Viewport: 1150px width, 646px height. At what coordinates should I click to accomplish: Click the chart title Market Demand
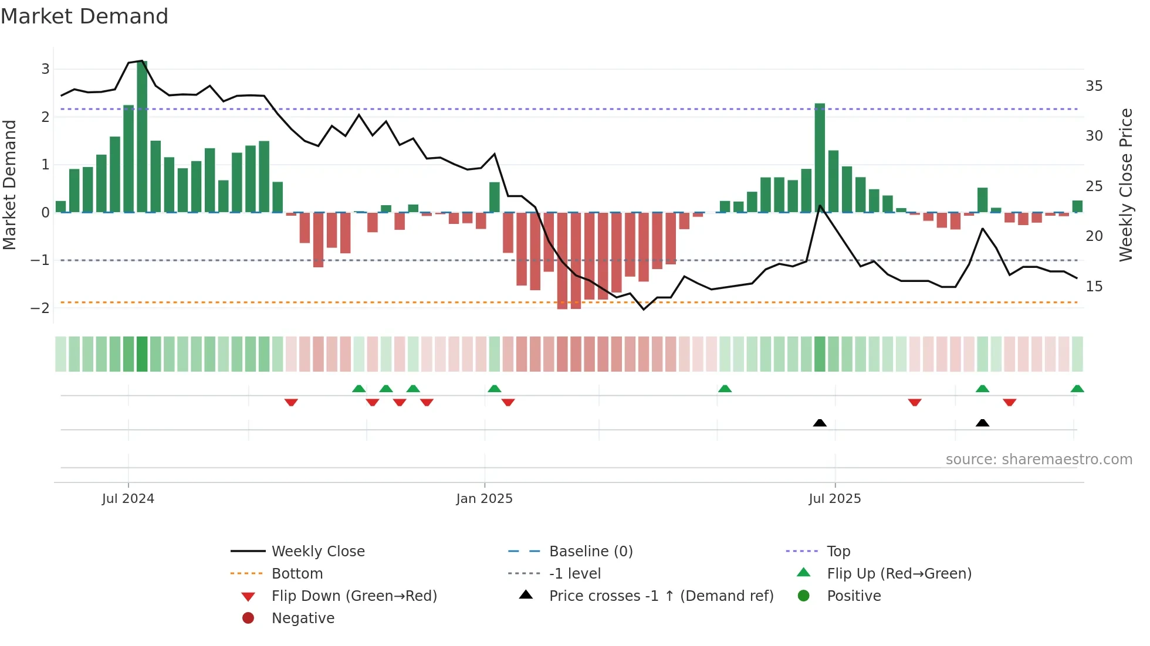click(x=84, y=16)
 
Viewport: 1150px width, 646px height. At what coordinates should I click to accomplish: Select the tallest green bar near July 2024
click(x=142, y=136)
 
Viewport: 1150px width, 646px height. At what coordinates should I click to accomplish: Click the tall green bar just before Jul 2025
click(x=820, y=158)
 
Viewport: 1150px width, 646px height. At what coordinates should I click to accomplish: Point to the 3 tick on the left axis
click(x=45, y=69)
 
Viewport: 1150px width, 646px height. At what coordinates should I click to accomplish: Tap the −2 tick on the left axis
click(x=41, y=308)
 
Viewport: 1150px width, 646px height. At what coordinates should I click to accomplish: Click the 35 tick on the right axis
click(x=1094, y=86)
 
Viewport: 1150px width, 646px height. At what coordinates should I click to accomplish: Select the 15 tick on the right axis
click(x=1094, y=286)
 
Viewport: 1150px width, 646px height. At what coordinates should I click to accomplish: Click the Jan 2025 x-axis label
click(x=484, y=499)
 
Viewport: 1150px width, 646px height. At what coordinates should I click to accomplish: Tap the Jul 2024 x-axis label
click(x=128, y=499)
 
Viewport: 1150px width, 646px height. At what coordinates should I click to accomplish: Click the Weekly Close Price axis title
click(x=1125, y=185)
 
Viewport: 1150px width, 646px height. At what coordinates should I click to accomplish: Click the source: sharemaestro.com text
click(x=1039, y=460)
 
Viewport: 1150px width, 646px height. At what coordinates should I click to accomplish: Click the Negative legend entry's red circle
click(x=248, y=618)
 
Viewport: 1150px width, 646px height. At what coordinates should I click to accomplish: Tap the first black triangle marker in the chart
click(x=820, y=423)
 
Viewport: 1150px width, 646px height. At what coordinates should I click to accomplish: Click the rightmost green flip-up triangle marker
click(x=1077, y=389)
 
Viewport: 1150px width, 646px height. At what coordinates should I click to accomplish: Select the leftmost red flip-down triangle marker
click(x=291, y=402)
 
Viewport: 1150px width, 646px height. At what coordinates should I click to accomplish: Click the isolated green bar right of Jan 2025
click(x=495, y=198)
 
